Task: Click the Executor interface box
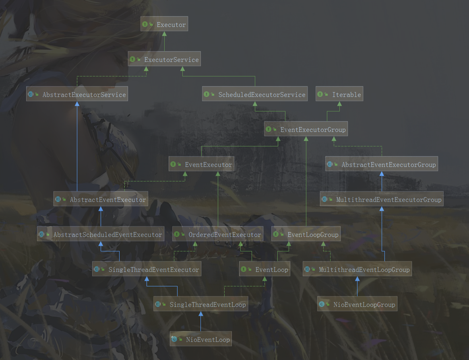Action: coord(164,25)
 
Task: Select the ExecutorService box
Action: coord(164,60)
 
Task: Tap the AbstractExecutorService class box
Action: coord(77,95)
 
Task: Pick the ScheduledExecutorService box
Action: coord(255,95)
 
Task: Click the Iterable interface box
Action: coord(339,95)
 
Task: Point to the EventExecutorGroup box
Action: coord(306,130)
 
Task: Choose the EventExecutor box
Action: coord(201,165)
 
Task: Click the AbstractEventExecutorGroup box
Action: coord(382,165)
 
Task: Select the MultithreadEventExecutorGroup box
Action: coord(382,200)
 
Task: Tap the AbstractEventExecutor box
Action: coord(101,200)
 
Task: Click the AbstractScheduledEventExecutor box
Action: coord(101,235)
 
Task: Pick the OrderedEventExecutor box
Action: coord(218,235)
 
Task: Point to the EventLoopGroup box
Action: coord(306,235)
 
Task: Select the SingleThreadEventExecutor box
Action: coord(147,269)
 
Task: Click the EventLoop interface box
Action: coord(265,269)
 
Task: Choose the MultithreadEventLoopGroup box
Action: coord(357,269)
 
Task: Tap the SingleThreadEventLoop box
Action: coord(200,304)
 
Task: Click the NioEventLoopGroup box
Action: coord(357,304)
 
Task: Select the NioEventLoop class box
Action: coord(200,339)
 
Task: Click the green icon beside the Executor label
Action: coord(145,25)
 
